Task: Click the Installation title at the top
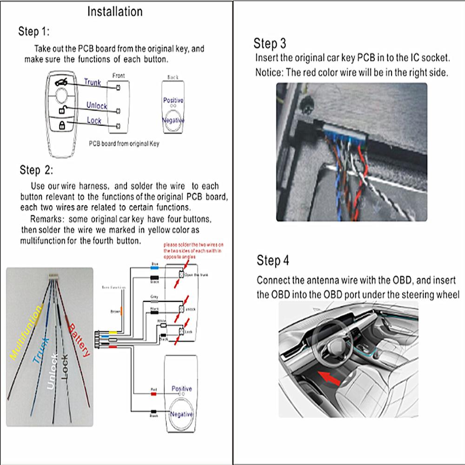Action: tap(115, 11)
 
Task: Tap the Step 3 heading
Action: tap(270, 44)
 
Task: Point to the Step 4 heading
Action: tap(273, 261)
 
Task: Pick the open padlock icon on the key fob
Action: tap(61, 110)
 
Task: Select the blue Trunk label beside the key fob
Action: tap(92, 82)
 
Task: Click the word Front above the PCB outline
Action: tap(119, 75)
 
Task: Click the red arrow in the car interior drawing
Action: tap(330, 375)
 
